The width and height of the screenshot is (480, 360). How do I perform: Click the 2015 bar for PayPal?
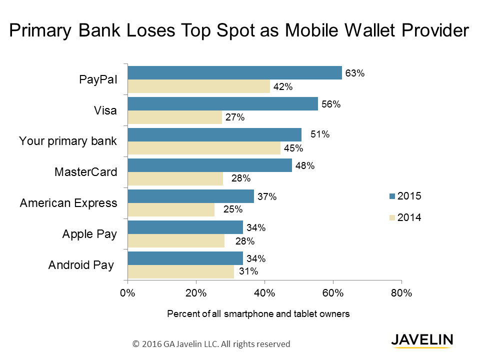(235, 73)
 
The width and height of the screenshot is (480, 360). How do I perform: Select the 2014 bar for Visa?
(175, 117)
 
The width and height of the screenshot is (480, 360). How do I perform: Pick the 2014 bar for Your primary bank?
(204, 148)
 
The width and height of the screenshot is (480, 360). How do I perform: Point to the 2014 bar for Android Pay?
(181, 272)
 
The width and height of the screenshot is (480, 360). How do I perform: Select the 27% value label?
(234, 118)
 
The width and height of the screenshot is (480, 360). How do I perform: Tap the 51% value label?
(317, 135)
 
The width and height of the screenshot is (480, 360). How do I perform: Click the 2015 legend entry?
(405, 196)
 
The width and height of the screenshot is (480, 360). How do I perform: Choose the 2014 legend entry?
(405, 217)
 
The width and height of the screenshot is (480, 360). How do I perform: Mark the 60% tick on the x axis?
(333, 293)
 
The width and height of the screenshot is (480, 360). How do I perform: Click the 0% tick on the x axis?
(128, 293)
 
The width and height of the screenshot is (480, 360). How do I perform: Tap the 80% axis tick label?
(401, 293)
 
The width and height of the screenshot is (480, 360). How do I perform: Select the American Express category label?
(68, 203)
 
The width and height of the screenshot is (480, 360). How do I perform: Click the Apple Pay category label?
(89, 234)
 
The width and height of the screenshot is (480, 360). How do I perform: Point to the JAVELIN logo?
(422, 339)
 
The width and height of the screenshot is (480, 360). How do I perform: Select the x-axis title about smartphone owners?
(258, 314)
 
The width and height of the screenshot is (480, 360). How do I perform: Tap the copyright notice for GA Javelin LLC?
(211, 344)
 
